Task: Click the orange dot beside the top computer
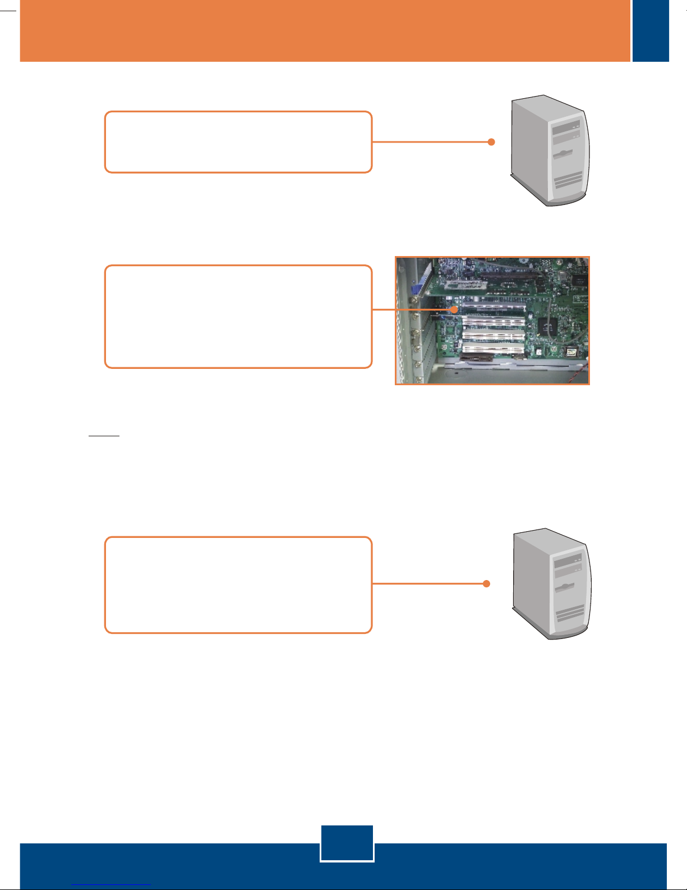(x=491, y=142)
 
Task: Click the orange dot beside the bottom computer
(x=486, y=584)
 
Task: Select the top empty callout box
(x=238, y=142)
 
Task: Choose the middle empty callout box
(x=238, y=317)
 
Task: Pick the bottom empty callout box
(x=238, y=585)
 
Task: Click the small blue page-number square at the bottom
(x=347, y=843)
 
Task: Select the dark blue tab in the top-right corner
(x=651, y=30)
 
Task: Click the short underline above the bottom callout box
(x=104, y=435)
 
